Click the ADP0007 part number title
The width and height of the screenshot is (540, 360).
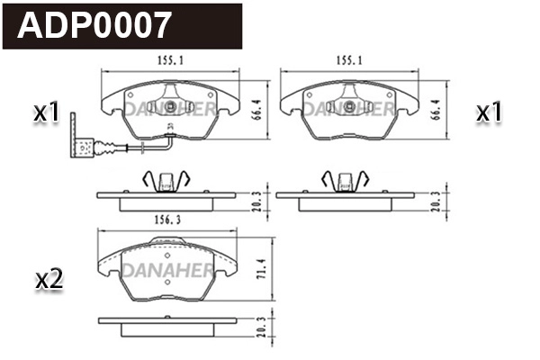tap(94, 26)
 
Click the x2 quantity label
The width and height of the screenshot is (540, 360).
tap(48, 280)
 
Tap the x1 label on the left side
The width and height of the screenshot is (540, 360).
tap(46, 113)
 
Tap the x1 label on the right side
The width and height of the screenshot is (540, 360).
tap(488, 113)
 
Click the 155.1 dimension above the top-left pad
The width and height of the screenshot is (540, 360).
tap(164, 60)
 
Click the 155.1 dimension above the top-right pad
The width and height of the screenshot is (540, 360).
tap(347, 60)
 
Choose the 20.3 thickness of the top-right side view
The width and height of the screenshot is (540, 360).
tap(437, 199)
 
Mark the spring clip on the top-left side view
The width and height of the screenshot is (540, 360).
tap(164, 180)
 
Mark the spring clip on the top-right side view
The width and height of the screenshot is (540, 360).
tap(346, 180)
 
